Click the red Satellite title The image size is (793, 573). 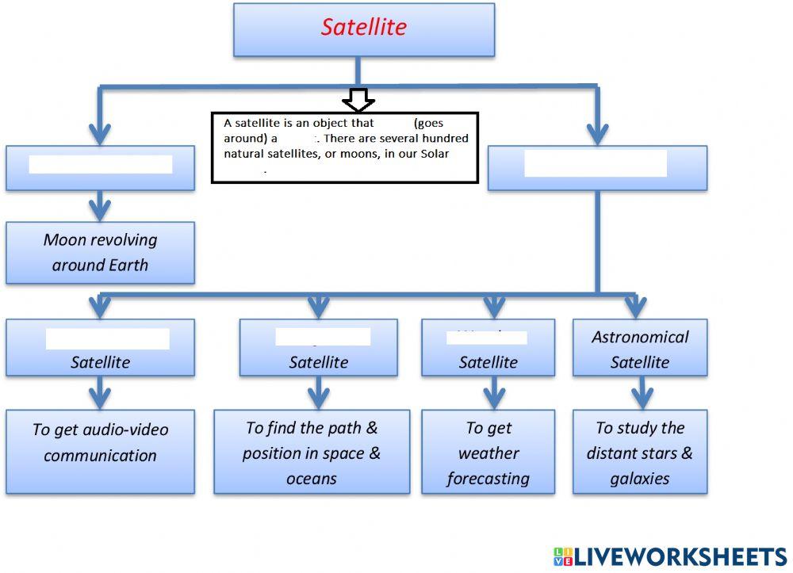[x=363, y=27]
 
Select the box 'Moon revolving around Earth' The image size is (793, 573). [x=100, y=252]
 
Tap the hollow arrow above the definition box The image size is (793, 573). [x=358, y=101]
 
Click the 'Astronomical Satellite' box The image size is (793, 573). [x=640, y=349]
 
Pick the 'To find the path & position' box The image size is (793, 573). [x=312, y=452]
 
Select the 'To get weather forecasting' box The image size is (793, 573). [x=488, y=452]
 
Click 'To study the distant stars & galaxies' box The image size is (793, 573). [x=640, y=452]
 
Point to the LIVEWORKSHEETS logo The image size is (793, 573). [x=669, y=556]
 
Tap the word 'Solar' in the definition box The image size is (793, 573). [x=435, y=154]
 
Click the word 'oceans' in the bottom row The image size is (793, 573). [x=312, y=479]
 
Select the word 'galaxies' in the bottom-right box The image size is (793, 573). [x=640, y=479]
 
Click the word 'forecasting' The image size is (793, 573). [x=488, y=479]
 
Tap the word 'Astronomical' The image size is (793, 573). [x=640, y=337]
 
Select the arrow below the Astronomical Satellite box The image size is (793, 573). [x=640, y=392]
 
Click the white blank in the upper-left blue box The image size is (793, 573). [x=100, y=165]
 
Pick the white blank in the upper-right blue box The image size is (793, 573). [x=596, y=163]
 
